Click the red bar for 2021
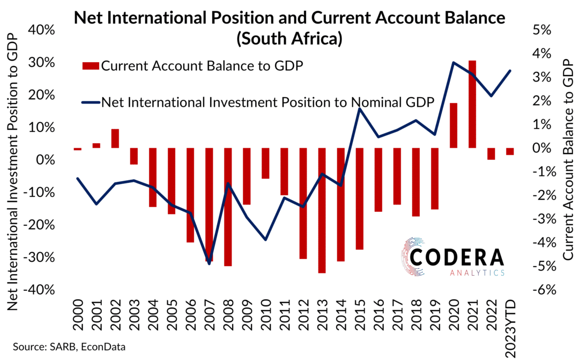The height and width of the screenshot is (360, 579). coord(472,104)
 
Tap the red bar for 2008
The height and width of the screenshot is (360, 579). coord(228,207)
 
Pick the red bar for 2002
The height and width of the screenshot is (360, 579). coord(115,138)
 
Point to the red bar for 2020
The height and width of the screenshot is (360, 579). coord(454,125)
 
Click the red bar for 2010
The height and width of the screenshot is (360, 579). coord(265,163)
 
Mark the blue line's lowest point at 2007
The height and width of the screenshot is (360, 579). coord(209,263)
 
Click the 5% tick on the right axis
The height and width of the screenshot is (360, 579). coord(543,30)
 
